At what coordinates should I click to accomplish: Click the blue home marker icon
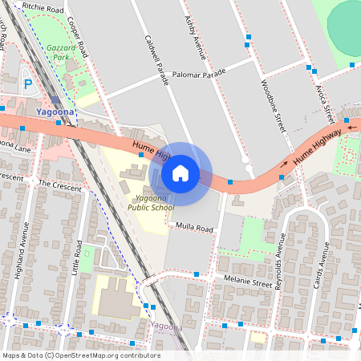tap(180, 172)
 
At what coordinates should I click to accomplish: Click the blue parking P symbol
tap(28, 83)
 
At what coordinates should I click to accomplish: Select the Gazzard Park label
tap(62, 53)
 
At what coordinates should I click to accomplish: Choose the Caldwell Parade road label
tap(157, 56)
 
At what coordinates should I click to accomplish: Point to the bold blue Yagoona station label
tap(55, 112)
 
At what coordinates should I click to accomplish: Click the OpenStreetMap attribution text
tap(80, 355)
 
